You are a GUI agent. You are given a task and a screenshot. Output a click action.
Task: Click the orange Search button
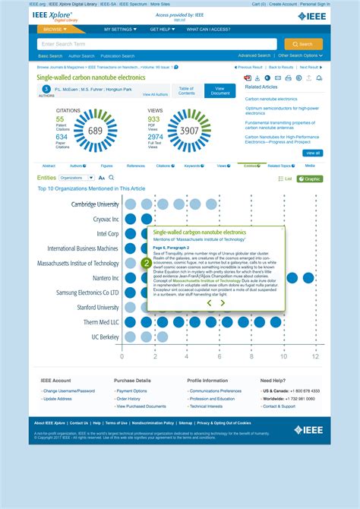(303, 44)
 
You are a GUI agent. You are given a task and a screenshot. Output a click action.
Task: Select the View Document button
(220, 90)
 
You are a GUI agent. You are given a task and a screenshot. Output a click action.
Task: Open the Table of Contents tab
(187, 90)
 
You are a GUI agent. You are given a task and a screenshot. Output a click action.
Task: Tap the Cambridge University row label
(95, 204)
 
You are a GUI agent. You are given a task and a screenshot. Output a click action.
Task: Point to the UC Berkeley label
(106, 337)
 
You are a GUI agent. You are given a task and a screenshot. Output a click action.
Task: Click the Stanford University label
(98, 308)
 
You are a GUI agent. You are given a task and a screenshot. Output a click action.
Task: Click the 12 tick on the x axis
(316, 356)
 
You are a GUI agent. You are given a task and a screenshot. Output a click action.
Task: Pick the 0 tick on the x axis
(122, 356)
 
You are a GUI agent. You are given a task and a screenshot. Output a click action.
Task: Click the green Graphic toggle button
(311, 179)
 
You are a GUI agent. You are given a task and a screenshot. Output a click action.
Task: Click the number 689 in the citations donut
(95, 131)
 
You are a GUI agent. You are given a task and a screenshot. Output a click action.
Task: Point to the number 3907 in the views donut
(189, 131)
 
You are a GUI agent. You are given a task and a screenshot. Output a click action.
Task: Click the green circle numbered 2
(147, 264)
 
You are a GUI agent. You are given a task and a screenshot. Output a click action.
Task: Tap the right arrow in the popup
(223, 302)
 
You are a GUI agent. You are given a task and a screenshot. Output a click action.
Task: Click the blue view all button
(312, 153)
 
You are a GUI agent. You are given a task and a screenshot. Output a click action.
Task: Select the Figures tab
(106, 166)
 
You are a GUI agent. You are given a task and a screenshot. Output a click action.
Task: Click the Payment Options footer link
(132, 391)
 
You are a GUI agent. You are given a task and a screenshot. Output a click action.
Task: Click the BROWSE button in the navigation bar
(55, 30)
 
